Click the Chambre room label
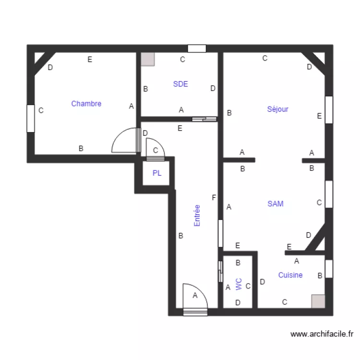click(x=86, y=104)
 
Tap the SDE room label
click(x=180, y=84)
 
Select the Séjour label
click(x=277, y=109)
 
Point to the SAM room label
click(x=276, y=204)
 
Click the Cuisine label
click(x=290, y=275)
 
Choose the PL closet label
click(x=157, y=173)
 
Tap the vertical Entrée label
click(x=197, y=216)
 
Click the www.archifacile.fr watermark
click(x=322, y=334)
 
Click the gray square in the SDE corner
click(x=148, y=59)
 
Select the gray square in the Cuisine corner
click(x=318, y=301)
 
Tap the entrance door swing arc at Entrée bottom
click(x=195, y=297)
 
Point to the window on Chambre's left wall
click(x=31, y=118)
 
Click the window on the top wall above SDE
click(x=197, y=48)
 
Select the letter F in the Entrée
click(x=214, y=197)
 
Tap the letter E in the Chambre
click(x=89, y=60)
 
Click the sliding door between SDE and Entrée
click(x=204, y=119)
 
